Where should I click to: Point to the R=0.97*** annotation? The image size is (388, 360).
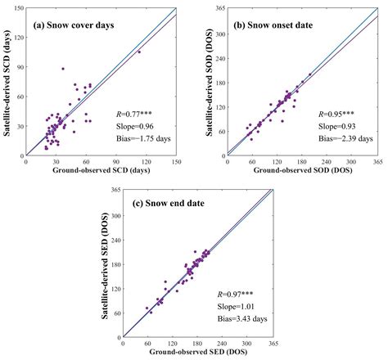coord(237,294)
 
